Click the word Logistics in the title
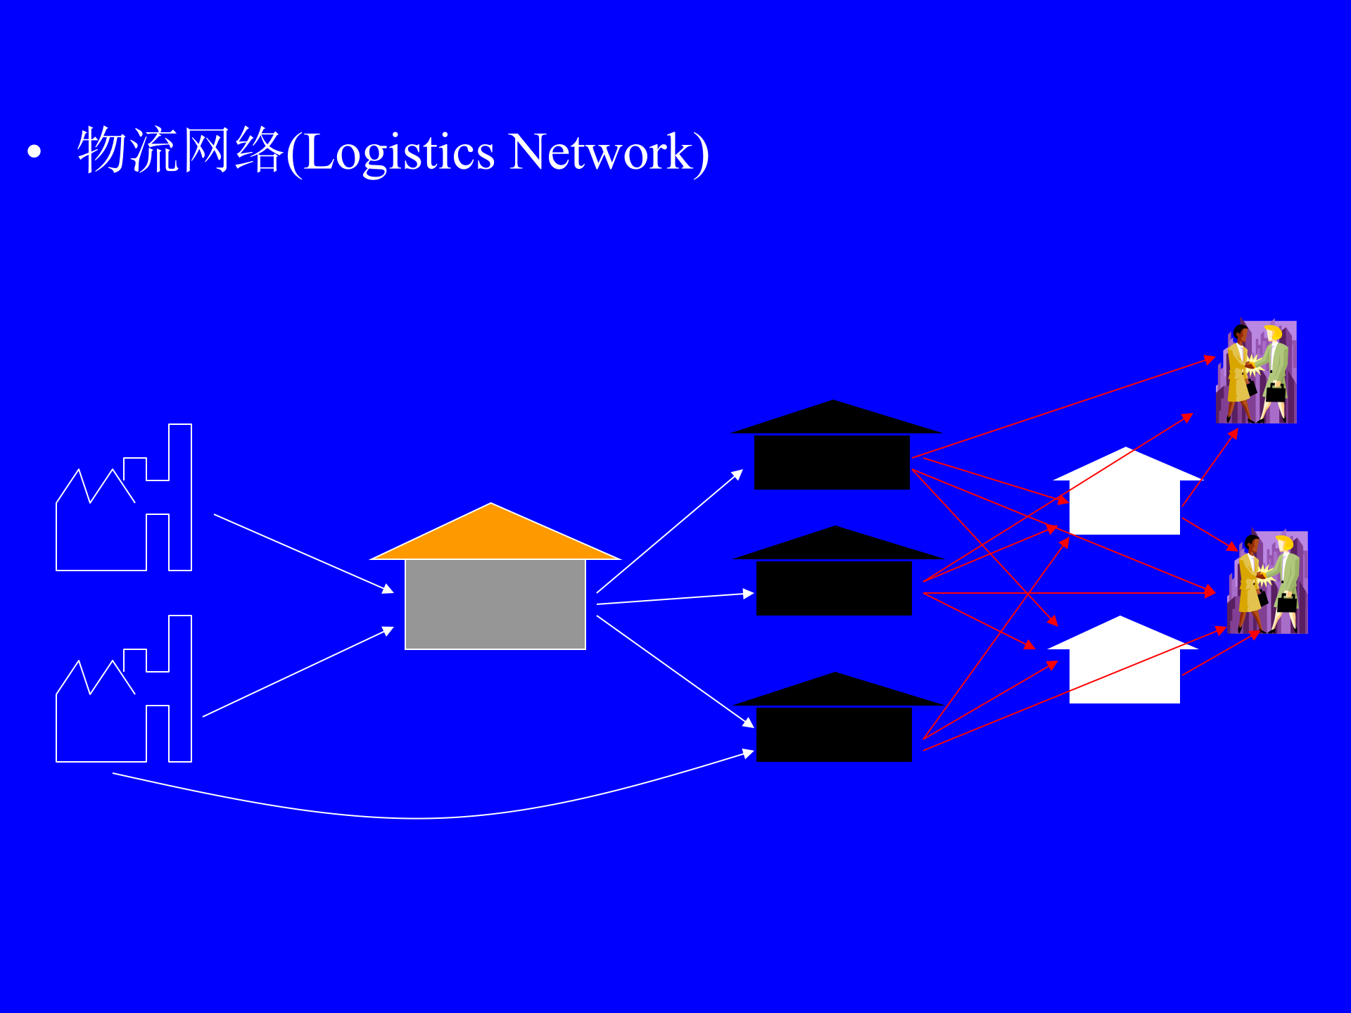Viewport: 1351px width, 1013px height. (x=400, y=153)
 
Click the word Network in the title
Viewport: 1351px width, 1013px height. (x=602, y=153)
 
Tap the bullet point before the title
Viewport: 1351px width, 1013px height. (x=34, y=151)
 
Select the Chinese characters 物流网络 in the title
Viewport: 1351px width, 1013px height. (x=179, y=150)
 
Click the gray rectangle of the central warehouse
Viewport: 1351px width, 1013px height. (x=495, y=604)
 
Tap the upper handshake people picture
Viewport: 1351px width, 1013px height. (x=1257, y=372)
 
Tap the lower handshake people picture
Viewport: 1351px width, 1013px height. (x=1267, y=582)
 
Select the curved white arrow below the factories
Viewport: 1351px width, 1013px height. (x=422, y=817)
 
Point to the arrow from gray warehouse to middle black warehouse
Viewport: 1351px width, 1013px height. (x=675, y=599)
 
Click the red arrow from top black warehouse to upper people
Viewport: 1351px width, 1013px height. (x=1063, y=409)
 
